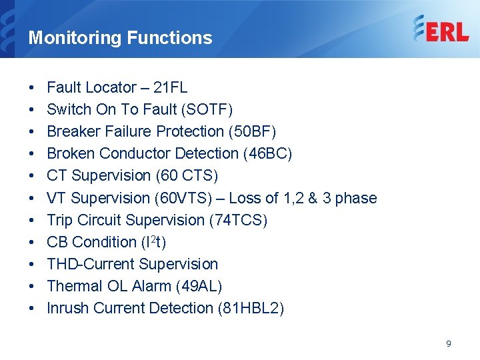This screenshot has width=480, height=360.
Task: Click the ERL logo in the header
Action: [441, 29]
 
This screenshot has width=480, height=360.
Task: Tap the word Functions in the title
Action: [169, 37]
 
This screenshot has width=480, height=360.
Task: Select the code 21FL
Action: [170, 87]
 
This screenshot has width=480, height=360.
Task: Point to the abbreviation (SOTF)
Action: [207, 109]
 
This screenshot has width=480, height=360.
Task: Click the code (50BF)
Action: [252, 131]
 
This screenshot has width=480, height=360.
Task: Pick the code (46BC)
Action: [267, 153]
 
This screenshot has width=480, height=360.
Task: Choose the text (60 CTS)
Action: [187, 176]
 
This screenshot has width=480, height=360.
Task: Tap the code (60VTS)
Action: [183, 198]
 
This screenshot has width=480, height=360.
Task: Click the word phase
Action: [356, 199]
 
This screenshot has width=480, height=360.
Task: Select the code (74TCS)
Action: [238, 220]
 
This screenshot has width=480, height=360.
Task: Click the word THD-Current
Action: [91, 264]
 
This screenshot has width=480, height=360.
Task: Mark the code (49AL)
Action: [199, 286]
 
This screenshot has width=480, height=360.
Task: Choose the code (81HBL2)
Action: [251, 308]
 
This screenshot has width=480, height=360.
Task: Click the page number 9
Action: [449, 343]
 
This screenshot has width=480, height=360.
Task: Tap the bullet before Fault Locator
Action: [31, 87]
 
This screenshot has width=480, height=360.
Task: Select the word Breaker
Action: [74, 131]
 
